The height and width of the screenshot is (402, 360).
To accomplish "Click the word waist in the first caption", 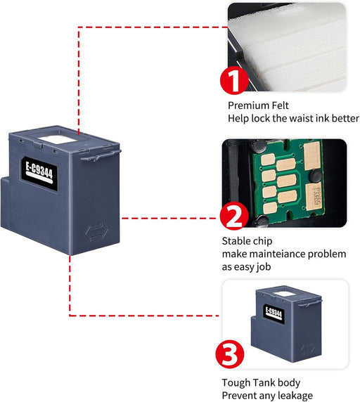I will (304, 119).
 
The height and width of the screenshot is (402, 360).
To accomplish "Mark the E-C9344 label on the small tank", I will (276, 313).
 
